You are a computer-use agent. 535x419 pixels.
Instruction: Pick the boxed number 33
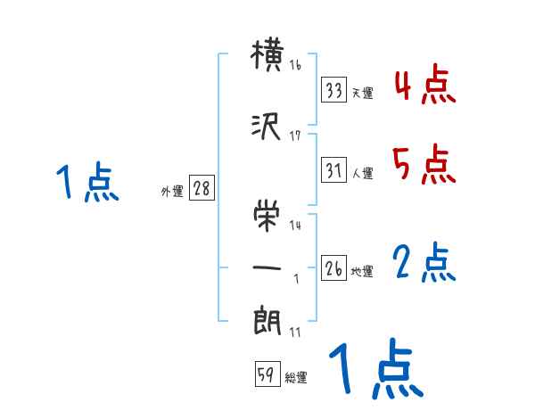(334, 90)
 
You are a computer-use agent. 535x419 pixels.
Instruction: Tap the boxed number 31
(334, 170)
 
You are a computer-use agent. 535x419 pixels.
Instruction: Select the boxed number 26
(334, 268)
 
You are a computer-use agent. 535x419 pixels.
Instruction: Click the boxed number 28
(202, 190)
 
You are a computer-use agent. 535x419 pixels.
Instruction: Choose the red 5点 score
(425, 164)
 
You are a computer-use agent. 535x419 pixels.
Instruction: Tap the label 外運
(171, 192)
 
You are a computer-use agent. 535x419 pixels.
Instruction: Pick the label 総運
(296, 378)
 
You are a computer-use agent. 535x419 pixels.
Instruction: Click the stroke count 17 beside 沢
(295, 136)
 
